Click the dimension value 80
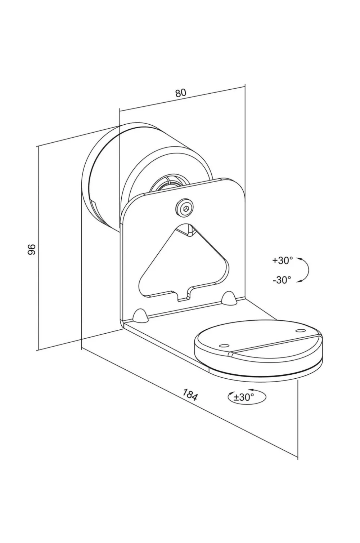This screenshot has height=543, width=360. (180, 93)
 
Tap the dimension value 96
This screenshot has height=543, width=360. (32, 249)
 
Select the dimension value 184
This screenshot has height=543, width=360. (190, 395)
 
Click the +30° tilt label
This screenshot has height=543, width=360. (283, 261)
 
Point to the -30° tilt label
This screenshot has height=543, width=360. (282, 280)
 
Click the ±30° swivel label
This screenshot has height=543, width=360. (244, 397)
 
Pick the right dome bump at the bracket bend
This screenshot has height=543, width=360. (228, 298)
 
